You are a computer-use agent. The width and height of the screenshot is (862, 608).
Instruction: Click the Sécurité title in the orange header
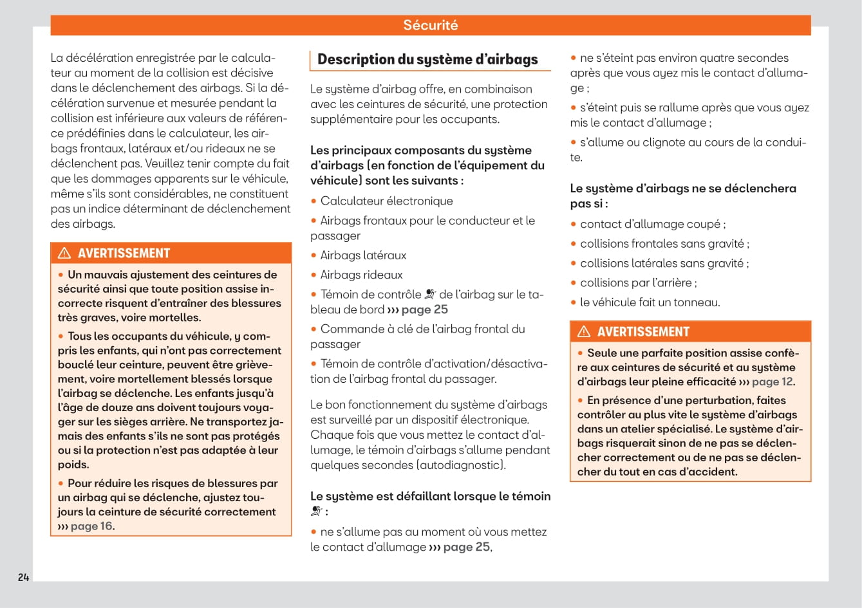point(430,25)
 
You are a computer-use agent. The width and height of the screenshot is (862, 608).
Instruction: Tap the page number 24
point(23,577)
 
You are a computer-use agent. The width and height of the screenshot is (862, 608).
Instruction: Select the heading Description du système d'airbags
point(427,59)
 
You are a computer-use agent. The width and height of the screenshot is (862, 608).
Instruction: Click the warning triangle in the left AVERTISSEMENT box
point(64,253)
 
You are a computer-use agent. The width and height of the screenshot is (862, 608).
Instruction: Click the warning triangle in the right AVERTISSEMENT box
point(584,331)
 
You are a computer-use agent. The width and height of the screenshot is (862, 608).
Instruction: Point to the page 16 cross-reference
point(91,526)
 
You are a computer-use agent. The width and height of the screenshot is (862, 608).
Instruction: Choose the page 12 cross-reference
point(772,382)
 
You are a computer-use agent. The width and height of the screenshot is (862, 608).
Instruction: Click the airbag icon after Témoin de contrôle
point(430,294)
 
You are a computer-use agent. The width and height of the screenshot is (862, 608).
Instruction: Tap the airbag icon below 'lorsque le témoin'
point(316,511)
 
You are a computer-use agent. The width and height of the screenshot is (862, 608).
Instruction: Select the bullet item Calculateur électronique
point(386,201)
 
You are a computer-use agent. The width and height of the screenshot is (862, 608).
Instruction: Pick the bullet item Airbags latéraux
point(363,255)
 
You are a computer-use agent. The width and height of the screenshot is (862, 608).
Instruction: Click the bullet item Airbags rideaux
point(361,274)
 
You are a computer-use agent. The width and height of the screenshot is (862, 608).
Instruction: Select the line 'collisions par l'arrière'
point(637,282)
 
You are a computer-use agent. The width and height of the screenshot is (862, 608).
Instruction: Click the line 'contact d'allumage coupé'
point(652,224)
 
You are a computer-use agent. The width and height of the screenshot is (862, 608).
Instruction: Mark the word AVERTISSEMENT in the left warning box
point(124,253)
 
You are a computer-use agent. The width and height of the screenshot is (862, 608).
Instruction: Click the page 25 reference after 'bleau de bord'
point(424,309)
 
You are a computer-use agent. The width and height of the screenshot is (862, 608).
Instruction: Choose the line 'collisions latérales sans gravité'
point(664,263)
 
